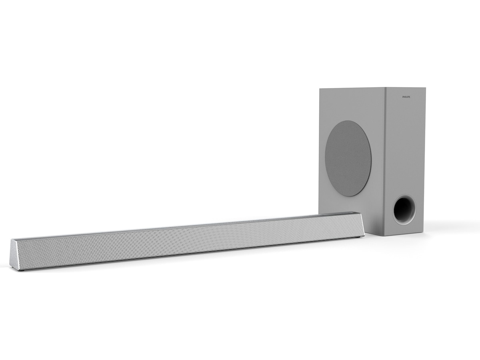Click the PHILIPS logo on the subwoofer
pyautogui.click(x=406, y=97)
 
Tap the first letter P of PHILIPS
pyautogui.click(x=403, y=97)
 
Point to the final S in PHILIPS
pyautogui.click(x=410, y=97)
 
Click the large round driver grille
pyautogui.click(x=348, y=158)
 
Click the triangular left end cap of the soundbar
pyautogui.click(x=14, y=256)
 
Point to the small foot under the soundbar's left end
pyautogui.click(x=22, y=272)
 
